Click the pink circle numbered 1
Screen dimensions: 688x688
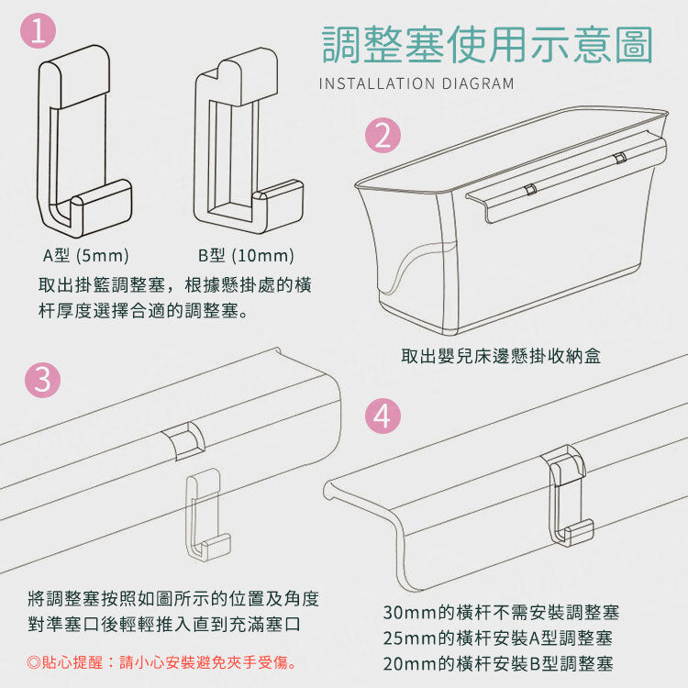pos(39,30)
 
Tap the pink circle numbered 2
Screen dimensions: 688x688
pos(383,135)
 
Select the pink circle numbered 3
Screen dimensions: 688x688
pos(42,380)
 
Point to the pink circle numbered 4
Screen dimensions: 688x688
pos(383,416)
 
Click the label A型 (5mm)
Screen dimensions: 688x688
pos(86,255)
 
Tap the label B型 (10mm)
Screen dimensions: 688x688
pos(246,255)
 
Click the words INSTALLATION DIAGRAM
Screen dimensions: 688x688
pos(416,83)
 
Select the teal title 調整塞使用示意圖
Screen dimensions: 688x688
pos(487,44)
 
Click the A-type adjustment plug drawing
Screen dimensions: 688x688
pos(83,140)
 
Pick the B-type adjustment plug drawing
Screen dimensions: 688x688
pos(249,140)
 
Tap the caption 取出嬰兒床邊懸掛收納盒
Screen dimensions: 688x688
pos(501,356)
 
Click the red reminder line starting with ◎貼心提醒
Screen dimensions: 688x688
pos(161,662)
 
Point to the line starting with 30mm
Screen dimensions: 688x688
pos(501,612)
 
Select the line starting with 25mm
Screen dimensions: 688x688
pos(498,638)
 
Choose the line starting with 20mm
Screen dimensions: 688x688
pos(498,664)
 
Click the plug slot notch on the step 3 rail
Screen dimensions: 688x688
pos(183,440)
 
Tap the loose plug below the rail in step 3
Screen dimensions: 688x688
pos(207,515)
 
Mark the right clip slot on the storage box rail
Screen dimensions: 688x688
pos(619,157)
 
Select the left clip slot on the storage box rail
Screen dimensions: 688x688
pos(530,189)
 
